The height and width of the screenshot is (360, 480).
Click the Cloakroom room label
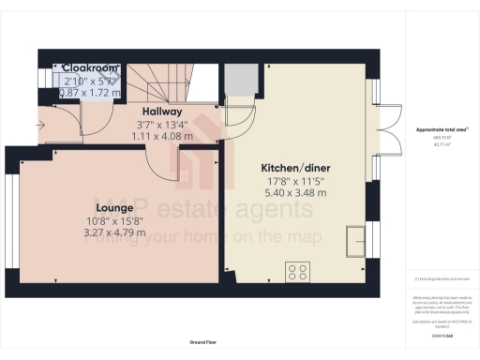tap(91, 67)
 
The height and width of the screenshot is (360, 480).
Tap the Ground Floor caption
tap(202, 343)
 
